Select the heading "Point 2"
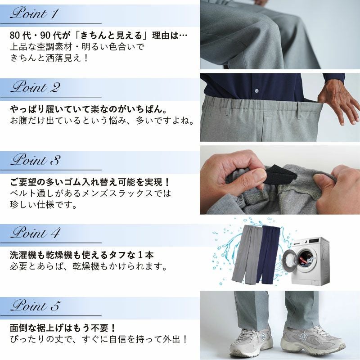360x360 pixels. click(x=36, y=87)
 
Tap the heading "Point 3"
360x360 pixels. click(x=36, y=160)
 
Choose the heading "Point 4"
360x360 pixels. click(x=36, y=233)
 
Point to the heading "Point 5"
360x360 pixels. click(x=36, y=306)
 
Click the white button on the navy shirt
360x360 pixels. click(x=256, y=91)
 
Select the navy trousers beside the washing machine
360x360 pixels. click(x=267, y=254)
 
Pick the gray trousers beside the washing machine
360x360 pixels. click(x=245, y=254)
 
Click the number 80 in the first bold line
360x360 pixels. click(x=15, y=36)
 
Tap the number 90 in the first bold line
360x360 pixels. click(x=45, y=36)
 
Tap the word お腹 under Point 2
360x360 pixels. click(x=19, y=120)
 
